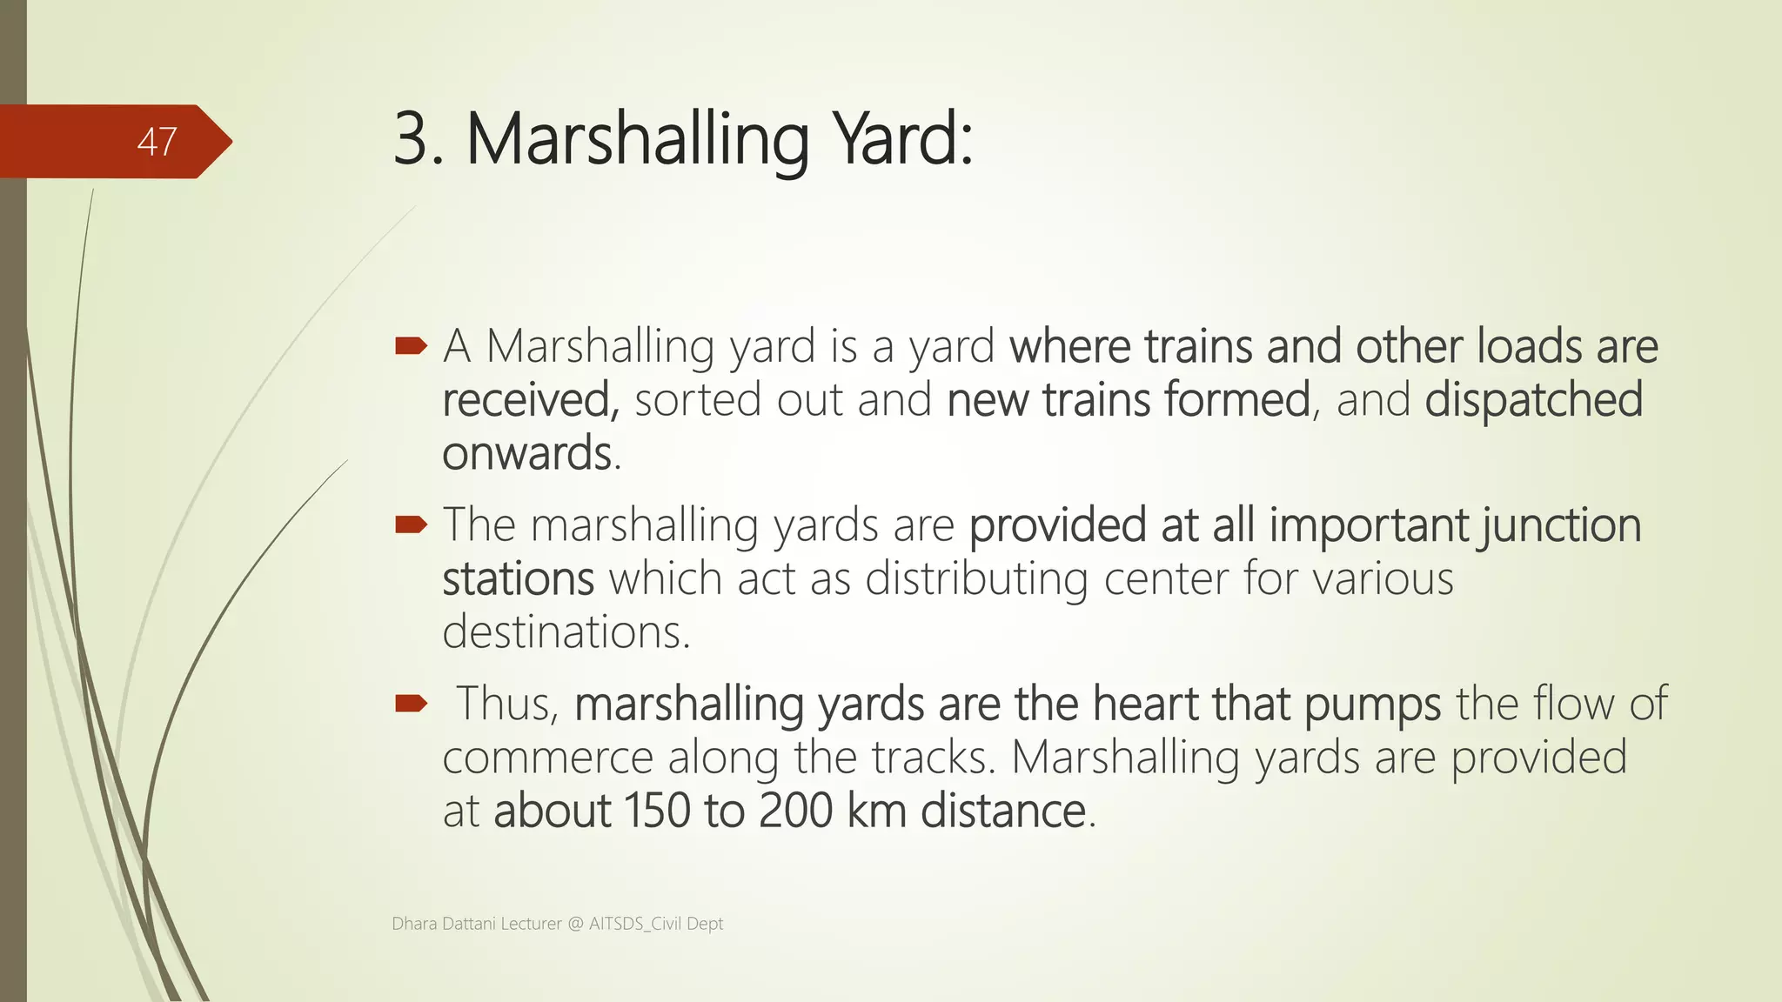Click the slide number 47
(x=157, y=142)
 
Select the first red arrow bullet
(x=411, y=347)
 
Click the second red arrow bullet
(x=411, y=524)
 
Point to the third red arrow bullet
(x=411, y=703)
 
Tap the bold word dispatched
(x=1533, y=400)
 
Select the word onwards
(x=527, y=454)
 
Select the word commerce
(x=547, y=758)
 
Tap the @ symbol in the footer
(x=575, y=924)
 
